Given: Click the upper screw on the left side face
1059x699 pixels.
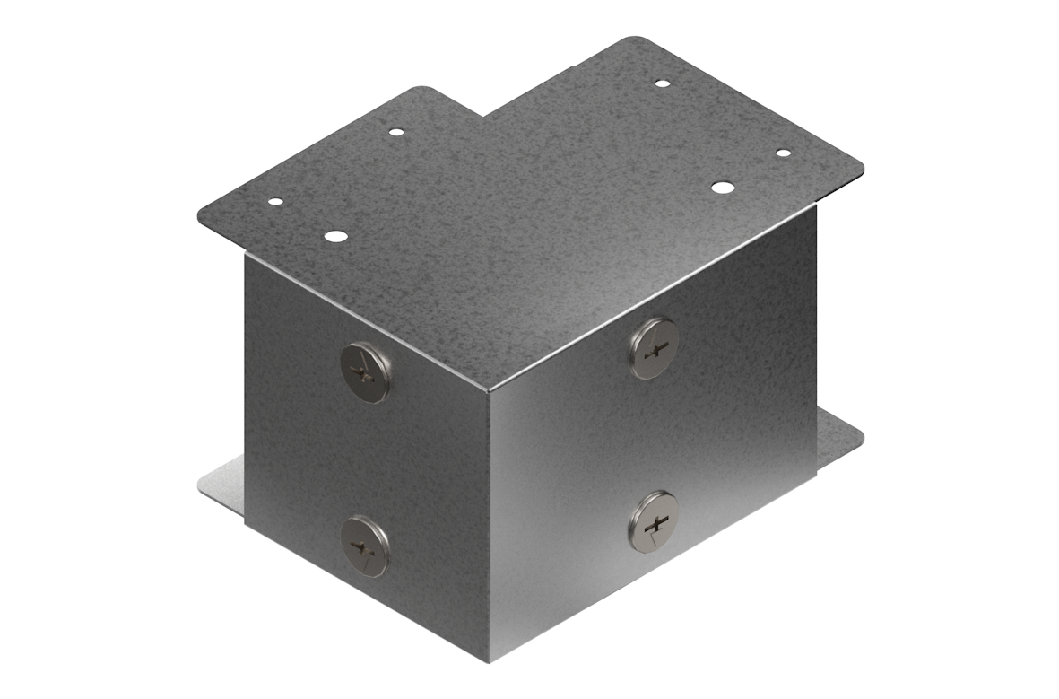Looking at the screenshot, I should [366, 372].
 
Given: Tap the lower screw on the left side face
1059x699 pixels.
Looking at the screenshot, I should [366, 546].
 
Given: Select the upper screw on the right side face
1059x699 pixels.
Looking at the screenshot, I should [655, 347].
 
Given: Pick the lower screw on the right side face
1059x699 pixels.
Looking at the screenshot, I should [655, 521].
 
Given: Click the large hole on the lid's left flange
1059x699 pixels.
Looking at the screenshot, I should [335, 237].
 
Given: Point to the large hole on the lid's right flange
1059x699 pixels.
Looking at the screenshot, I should [722, 188].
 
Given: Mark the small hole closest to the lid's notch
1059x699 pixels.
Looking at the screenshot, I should [396, 132].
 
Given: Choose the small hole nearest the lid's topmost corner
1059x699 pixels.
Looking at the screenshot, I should [662, 83].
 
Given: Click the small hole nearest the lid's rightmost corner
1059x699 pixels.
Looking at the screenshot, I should [783, 153].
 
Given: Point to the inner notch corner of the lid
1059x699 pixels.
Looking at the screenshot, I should [485, 116].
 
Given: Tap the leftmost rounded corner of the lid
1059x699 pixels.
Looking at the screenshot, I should [203, 215].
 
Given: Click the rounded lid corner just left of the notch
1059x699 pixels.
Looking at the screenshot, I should [421, 90].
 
